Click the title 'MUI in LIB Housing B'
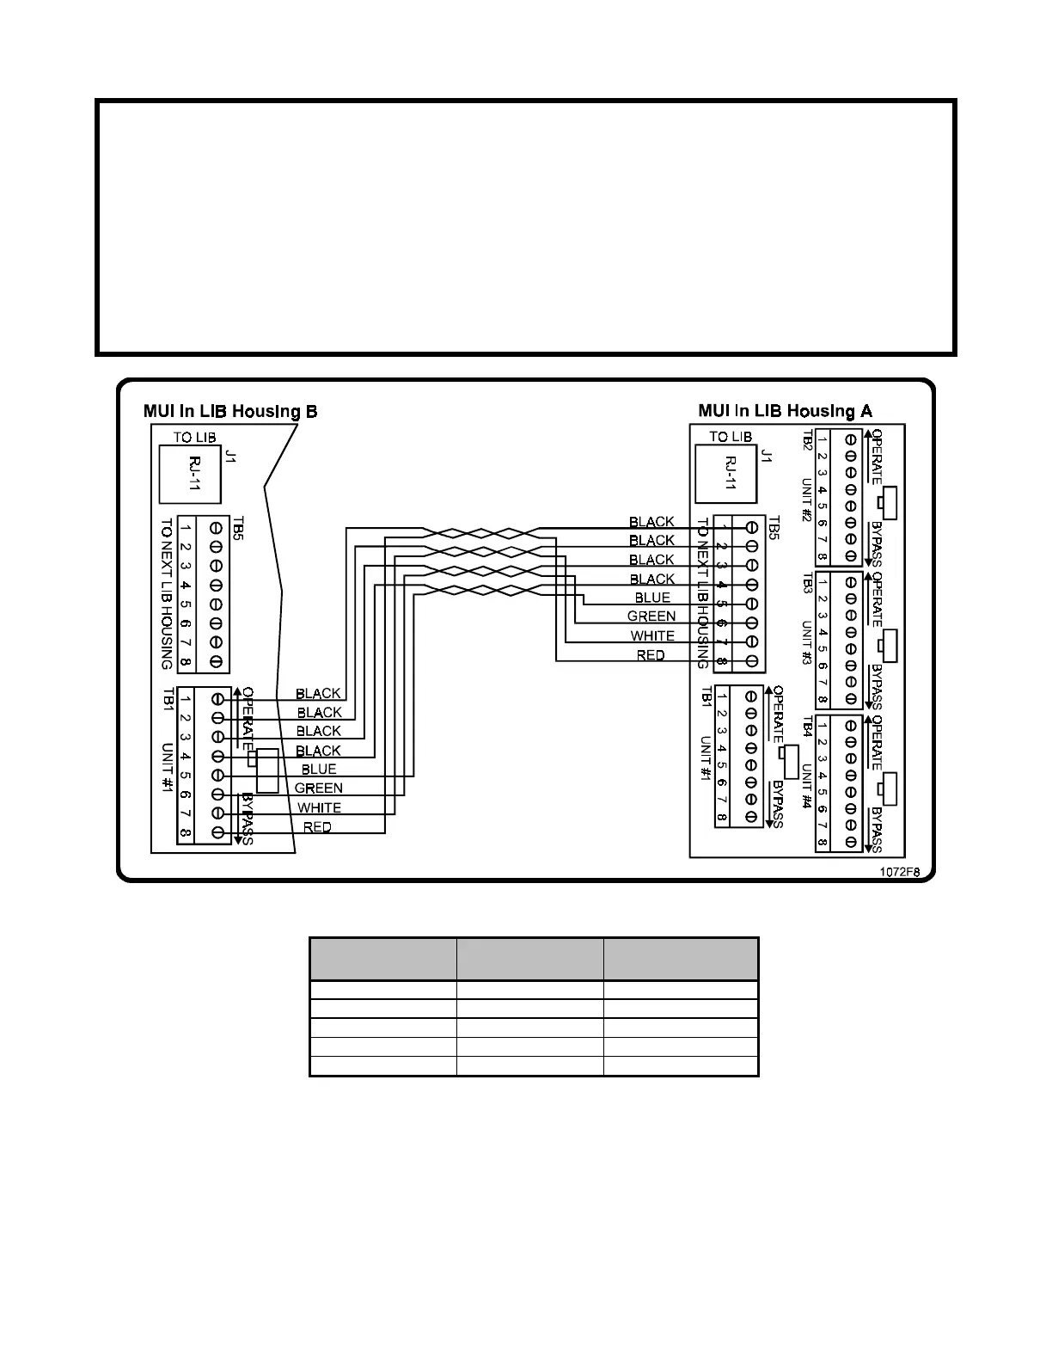(x=230, y=411)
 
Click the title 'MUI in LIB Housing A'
(x=785, y=411)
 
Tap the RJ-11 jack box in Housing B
(x=190, y=474)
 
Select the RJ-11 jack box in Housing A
(x=726, y=474)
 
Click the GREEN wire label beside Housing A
(x=651, y=617)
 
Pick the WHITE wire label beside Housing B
(x=319, y=808)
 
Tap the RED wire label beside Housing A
(x=651, y=655)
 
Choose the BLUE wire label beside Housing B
(x=319, y=770)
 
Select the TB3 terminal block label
(x=807, y=585)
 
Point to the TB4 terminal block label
(x=807, y=727)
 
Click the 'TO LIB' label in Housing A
(x=731, y=437)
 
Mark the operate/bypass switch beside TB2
(x=890, y=503)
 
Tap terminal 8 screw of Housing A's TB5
(x=752, y=662)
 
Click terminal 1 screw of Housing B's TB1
(x=218, y=698)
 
